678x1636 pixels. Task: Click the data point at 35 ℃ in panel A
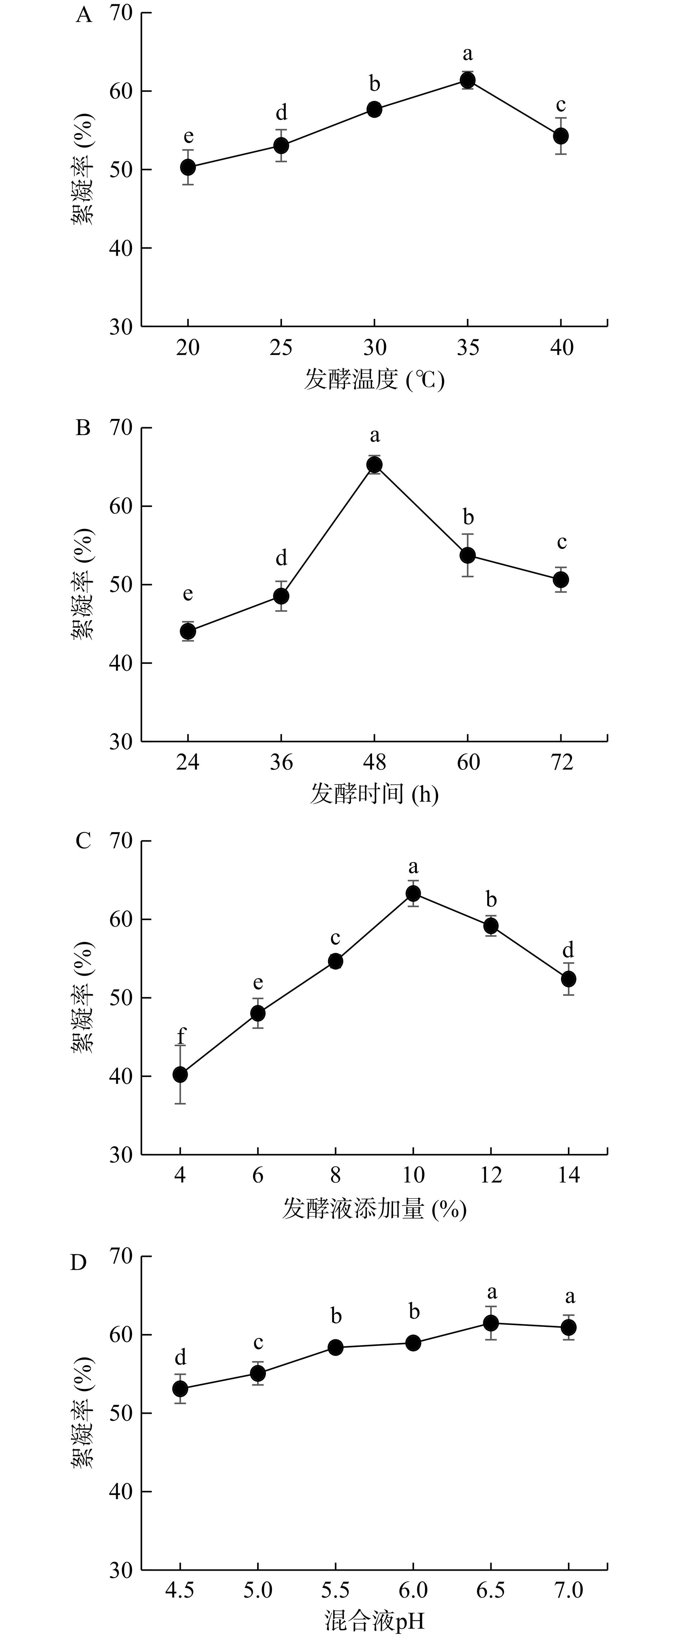[468, 80]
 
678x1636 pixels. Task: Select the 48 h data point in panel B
[375, 465]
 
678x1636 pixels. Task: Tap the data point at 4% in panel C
[180, 1075]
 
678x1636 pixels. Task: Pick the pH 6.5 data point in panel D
[491, 1323]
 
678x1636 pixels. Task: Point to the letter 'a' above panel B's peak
[375, 436]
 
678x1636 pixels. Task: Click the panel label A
[84, 15]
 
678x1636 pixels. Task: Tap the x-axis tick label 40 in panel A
[561, 348]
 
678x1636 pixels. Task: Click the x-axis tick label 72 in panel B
[561, 762]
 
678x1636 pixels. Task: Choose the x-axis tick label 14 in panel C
[569, 1175]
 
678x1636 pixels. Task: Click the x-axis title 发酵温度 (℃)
[375, 380]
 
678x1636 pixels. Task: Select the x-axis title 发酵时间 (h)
[375, 794]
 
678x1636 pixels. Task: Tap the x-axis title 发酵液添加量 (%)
[375, 1208]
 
